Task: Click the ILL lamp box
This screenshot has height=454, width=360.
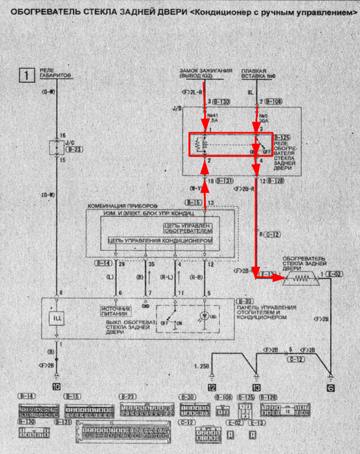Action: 56,318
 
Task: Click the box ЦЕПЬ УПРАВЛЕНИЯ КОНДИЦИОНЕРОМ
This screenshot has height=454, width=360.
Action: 161,241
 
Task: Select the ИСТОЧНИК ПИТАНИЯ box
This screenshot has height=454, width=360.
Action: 117,310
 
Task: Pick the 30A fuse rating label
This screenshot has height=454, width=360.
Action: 262,121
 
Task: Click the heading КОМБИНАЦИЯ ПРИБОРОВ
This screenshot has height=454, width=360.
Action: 122,205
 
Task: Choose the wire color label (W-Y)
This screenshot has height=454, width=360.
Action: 194,188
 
